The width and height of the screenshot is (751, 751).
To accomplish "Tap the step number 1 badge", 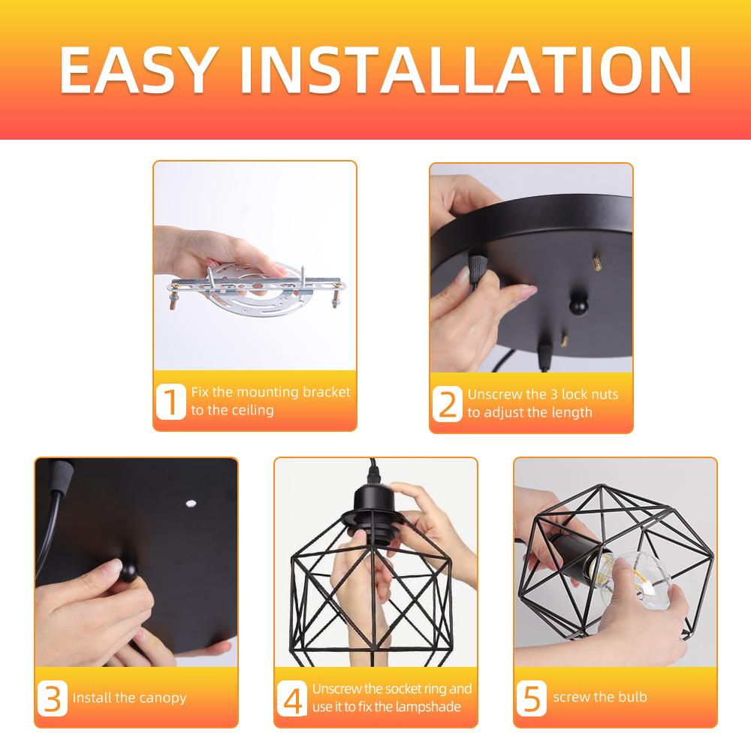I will [170, 402].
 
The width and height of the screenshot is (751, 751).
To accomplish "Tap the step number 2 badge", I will [447, 403].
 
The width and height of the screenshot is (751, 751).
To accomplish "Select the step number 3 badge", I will [52, 698].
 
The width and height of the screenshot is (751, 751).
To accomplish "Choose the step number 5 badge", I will [532, 698].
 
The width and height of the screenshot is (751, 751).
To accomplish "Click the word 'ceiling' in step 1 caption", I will [253, 411].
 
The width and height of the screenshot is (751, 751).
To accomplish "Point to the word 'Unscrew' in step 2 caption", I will [492, 394].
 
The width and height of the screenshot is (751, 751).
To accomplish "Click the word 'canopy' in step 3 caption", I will [161, 698].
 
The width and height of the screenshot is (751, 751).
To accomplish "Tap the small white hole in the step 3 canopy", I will [189, 503].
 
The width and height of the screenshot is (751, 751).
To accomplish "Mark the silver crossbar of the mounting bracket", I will [255, 285].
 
